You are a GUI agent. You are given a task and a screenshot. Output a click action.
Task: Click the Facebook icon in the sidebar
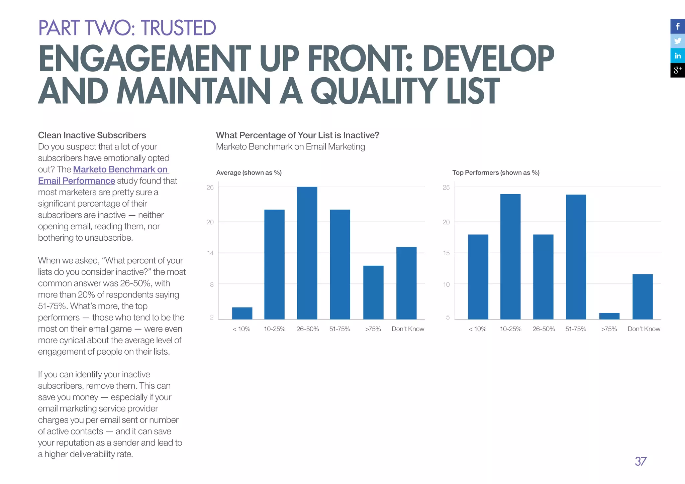click(678, 26)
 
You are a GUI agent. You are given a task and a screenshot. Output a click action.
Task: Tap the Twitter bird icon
click(678, 41)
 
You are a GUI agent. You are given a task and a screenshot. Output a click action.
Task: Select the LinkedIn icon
click(678, 55)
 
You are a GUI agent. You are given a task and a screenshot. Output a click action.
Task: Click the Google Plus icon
click(678, 70)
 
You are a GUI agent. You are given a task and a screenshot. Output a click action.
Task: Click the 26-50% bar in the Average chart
click(307, 253)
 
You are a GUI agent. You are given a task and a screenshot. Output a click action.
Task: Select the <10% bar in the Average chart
click(242, 313)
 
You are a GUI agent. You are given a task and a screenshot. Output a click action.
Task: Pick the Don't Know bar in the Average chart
click(406, 283)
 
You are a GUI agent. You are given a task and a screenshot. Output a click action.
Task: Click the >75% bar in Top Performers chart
click(609, 316)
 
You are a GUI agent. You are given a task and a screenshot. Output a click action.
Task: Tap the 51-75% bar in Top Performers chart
click(576, 257)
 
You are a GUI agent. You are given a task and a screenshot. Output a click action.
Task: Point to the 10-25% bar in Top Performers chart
click(510, 256)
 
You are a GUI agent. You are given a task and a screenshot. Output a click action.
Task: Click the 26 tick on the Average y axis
click(210, 188)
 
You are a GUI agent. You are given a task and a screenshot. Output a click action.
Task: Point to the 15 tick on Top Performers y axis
click(446, 253)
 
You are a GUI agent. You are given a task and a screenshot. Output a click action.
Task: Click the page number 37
click(641, 462)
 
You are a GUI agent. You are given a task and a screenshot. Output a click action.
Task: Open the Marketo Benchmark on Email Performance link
click(120, 169)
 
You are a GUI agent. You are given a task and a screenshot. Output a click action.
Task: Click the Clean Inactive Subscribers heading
click(92, 135)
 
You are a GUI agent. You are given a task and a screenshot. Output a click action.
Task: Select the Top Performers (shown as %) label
click(496, 172)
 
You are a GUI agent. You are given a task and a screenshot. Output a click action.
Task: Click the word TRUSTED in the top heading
click(178, 28)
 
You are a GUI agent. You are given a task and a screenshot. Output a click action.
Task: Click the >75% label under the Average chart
click(373, 329)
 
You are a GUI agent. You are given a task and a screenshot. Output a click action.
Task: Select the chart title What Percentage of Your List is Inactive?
click(297, 135)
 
